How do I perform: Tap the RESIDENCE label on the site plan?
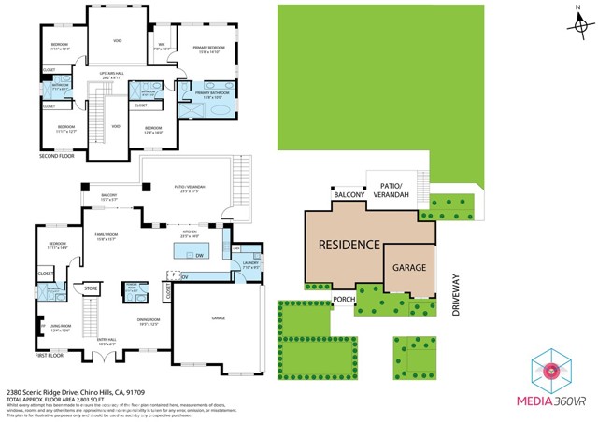(x=349, y=246)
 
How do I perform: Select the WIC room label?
(x=162, y=45)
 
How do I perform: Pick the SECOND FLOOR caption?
(x=56, y=156)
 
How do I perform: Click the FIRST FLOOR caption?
(x=51, y=356)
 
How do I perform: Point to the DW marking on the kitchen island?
(x=200, y=254)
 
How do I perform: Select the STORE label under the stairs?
(x=91, y=288)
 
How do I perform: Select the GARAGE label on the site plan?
(x=408, y=267)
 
